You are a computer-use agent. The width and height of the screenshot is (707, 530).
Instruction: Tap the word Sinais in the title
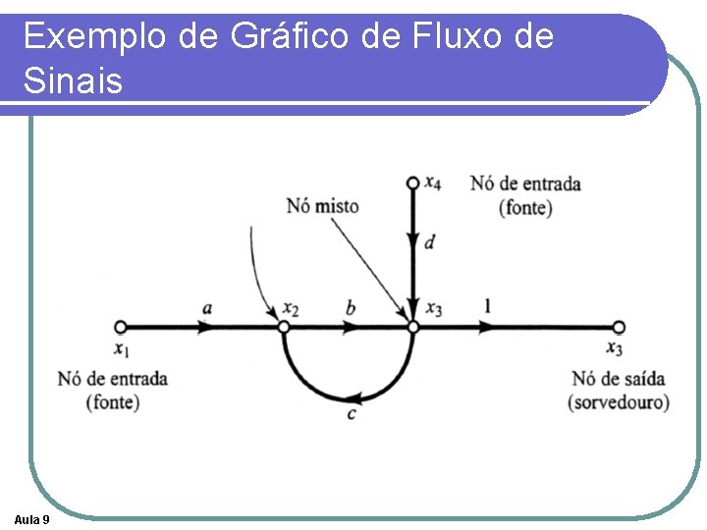(x=73, y=80)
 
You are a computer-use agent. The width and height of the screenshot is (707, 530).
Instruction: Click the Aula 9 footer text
(x=32, y=518)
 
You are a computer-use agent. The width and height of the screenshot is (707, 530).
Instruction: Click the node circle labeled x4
(x=412, y=183)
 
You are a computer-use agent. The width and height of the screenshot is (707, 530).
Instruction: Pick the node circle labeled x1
(x=120, y=327)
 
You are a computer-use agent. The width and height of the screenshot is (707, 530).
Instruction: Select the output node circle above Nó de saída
(x=619, y=327)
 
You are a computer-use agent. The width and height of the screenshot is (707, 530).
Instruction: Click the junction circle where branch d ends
(x=412, y=327)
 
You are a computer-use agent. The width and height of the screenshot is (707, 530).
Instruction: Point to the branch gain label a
(x=206, y=308)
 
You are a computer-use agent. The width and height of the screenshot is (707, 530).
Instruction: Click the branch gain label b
(x=351, y=308)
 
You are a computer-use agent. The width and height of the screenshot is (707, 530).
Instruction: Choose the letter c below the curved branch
(x=351, y=414)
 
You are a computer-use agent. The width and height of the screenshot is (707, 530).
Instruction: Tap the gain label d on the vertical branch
(x=429, y=241)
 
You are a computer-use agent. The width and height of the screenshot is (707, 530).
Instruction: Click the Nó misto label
(x=322, y=206)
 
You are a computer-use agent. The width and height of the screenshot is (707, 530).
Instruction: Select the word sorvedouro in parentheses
(x=619, y=402)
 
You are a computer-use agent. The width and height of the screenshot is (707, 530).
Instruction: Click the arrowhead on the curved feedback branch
(x=359, y=397)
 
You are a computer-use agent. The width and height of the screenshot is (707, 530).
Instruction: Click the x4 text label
(x=433, y=183)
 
